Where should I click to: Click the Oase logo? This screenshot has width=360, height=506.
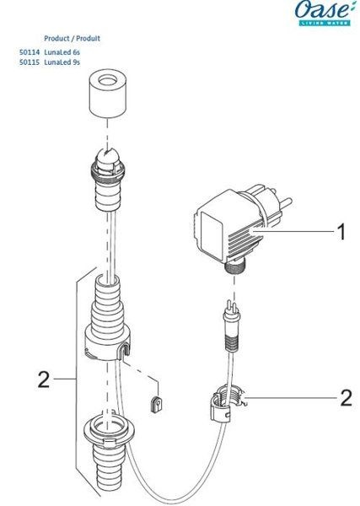point(322,13)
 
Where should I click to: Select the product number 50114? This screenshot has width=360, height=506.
point(30,52)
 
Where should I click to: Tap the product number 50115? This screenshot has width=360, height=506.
point(30,62)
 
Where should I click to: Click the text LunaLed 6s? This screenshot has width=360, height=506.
point(62,52)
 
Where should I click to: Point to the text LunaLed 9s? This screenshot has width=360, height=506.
point(62,62)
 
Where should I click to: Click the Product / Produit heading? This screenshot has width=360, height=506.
point(72,39)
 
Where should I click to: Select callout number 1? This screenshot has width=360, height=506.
point(341,232)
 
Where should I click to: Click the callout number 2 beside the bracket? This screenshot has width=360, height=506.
point(44,379)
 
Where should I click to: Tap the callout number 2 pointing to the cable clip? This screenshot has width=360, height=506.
point(347,398)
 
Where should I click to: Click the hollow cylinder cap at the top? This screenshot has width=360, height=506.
point(107,95)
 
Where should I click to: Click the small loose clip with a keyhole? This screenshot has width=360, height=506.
point(157,404)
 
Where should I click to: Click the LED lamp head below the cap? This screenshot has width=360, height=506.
point(107,178)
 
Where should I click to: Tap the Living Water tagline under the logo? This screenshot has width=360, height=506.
point(325,23)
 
